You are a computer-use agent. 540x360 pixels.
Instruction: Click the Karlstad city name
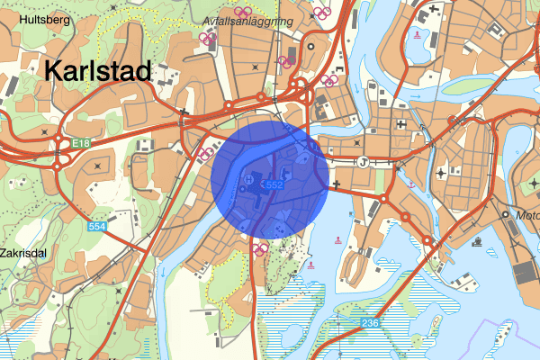coord(95,71)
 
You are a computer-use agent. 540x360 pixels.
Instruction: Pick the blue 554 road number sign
coord(98,226)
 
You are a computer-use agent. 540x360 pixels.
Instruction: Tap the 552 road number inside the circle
coord(274,184)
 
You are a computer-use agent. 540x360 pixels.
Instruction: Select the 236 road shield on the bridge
coord(372,322)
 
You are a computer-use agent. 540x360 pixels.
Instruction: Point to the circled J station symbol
coord(363,162)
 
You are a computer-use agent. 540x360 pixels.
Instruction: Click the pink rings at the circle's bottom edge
coord(261,248)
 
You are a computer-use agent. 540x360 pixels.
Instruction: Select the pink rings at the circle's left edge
coord(204,153)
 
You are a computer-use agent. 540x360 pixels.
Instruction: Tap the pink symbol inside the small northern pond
coord(418,35)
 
